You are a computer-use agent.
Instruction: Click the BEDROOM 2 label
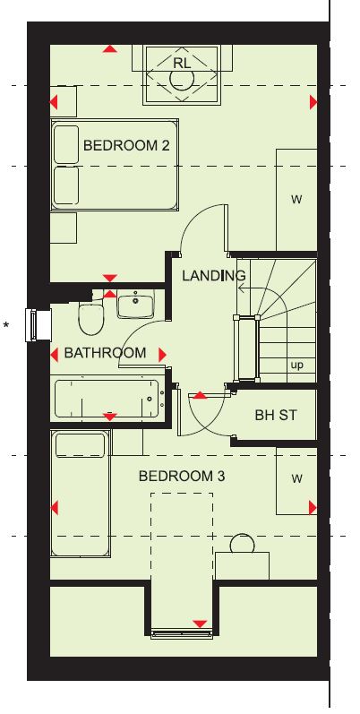[126, 146]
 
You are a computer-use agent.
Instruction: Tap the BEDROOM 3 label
[182, 477]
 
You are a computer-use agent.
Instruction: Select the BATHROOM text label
[105, 353]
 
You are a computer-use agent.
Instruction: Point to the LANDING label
[214, 276]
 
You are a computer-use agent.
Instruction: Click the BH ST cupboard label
[276, 415]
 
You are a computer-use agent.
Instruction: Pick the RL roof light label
[182, 64]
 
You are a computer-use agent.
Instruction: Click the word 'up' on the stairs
[296, 366]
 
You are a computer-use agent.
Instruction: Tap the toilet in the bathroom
[91, 315]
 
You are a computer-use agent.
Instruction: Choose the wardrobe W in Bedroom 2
[296, 200]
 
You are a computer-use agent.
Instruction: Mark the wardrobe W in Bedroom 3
[296, 480]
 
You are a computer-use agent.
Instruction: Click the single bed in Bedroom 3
[81, 493]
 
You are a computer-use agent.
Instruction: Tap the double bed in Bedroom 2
[115, 165]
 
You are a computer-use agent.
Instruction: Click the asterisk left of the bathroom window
[6, 325]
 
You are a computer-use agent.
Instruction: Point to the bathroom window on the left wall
[37, 325]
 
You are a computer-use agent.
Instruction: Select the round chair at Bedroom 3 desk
[242, 544]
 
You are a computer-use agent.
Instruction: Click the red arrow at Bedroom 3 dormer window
[200, 624]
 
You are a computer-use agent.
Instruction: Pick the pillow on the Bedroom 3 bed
[80, 445]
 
